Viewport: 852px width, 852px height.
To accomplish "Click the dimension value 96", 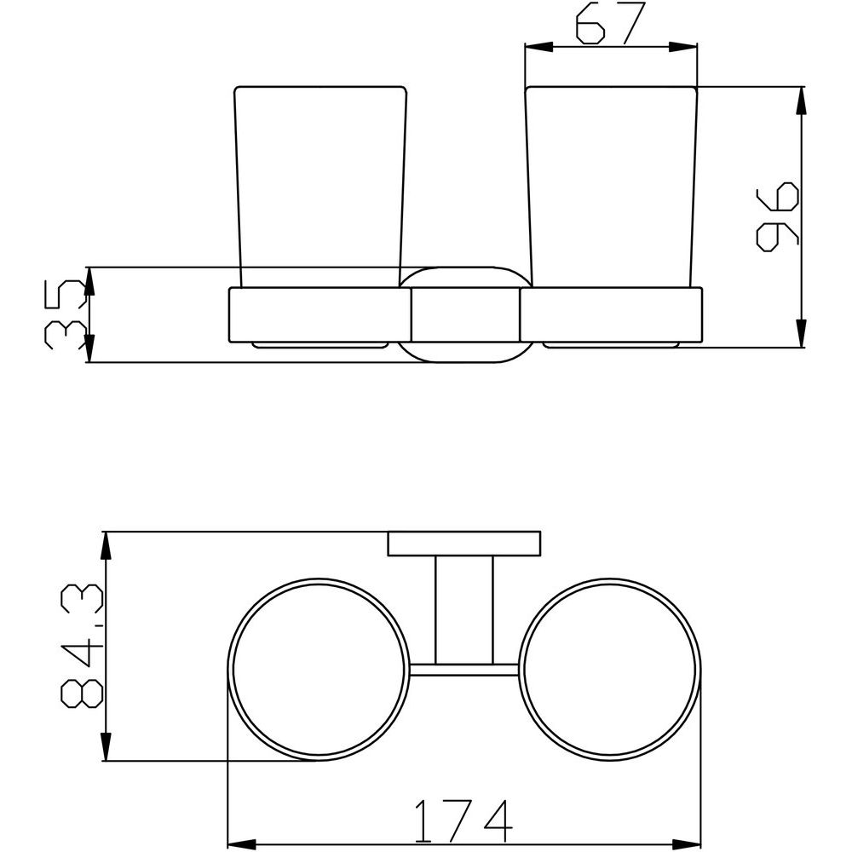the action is point(778,216).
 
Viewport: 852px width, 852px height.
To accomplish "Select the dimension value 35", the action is point(66,314).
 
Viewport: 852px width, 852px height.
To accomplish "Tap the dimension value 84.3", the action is point(82,646).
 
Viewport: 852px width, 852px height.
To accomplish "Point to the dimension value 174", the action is point(463,820).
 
